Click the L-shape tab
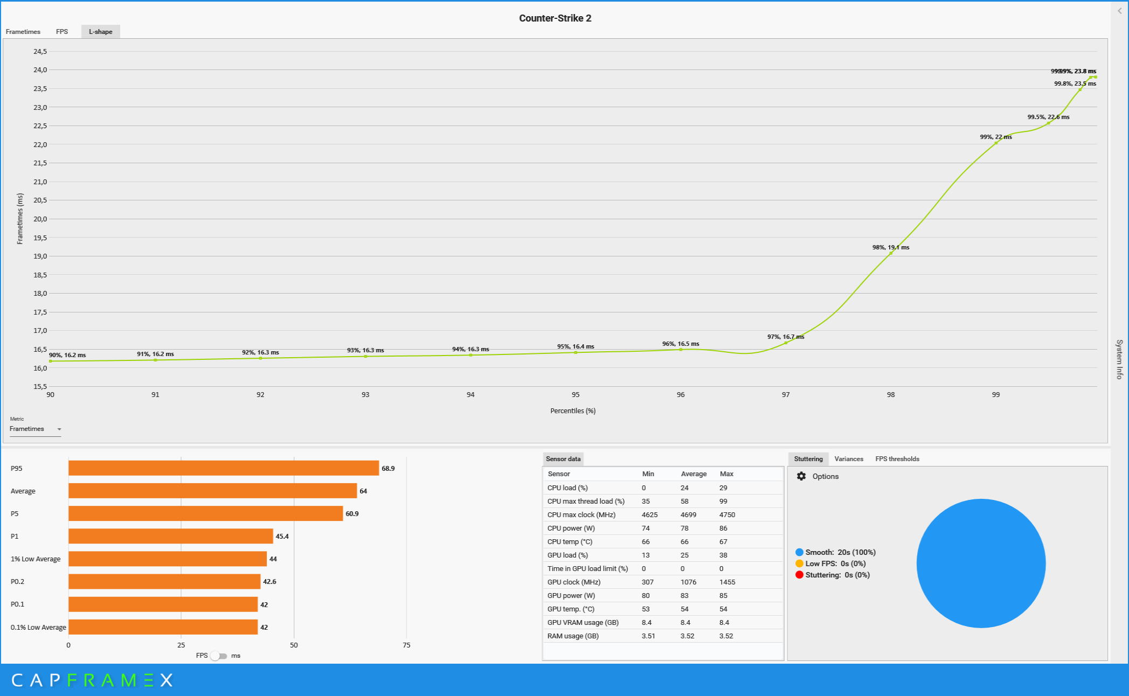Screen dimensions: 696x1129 [x=100, y=32]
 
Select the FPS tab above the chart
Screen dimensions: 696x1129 [x=62, y=32]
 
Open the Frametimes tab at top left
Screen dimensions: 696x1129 [x=23, y=32]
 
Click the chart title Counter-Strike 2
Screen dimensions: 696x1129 [x=555, y=18]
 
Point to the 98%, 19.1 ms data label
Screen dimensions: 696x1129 [x=890, y=247]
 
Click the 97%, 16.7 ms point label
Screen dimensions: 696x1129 [x=785, y=337]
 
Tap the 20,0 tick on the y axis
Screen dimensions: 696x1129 [x=40, y=219]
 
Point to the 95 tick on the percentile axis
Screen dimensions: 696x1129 [x=576, y=395]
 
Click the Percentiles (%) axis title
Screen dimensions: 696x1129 [x=572, y=411]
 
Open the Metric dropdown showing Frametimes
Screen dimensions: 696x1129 [x=35, y=429]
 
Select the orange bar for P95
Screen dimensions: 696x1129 [x=223, y=468]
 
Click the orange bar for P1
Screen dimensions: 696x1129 [x=170, y=536]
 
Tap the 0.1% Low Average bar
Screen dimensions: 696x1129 [x=163, y=627]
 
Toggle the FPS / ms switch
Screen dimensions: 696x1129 [x=219, y=656]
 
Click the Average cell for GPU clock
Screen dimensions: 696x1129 [x=688, y=582]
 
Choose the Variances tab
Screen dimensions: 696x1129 [x=848, y=459]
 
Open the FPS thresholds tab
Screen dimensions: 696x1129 [x=897, y=459]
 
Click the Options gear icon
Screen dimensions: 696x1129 [x=801, y=476]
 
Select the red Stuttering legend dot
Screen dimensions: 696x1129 [x=799, y=575]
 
